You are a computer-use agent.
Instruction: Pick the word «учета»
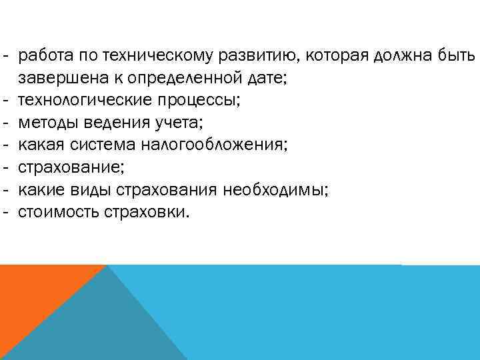176,123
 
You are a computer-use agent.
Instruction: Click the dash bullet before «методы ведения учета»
5,123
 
